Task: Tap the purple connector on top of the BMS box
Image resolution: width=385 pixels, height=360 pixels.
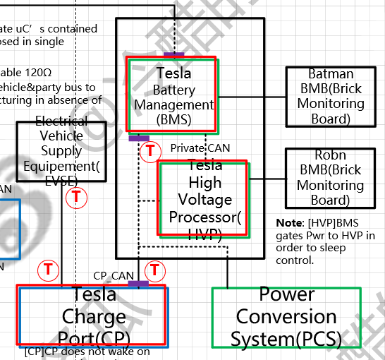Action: [x=173, y=54]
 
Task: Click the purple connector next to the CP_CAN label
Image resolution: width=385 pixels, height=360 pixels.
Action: [x=138, y=284]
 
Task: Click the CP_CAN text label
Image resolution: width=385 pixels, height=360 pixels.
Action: [x=114, y=275]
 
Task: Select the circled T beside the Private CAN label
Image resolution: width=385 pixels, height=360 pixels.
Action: [x=149, y=150]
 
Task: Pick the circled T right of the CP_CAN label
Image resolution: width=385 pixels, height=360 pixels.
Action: [x=154, y=270]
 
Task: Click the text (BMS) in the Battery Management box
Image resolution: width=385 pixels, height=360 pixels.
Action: [x=173, y=119]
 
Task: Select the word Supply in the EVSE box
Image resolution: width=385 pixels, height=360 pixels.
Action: [x=61, y=150]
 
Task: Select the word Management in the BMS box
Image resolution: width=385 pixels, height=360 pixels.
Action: [x=173, y=104]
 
